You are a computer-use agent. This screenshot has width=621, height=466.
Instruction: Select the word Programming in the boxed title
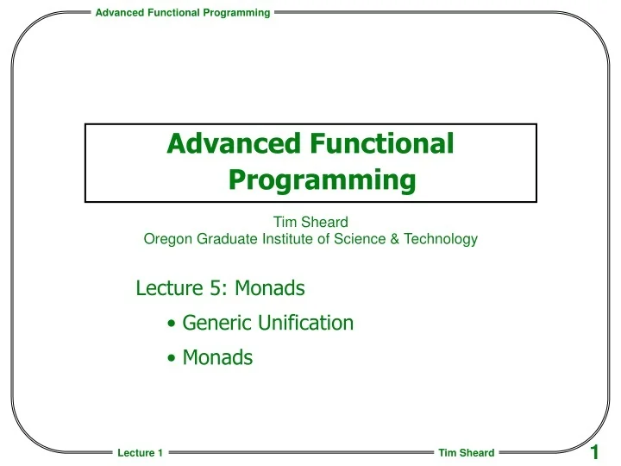323,180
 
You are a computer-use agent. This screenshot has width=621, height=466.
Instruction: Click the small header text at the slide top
182,11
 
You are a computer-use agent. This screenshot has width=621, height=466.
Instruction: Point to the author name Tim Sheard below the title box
310,223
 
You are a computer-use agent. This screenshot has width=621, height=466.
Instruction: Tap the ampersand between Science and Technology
394,240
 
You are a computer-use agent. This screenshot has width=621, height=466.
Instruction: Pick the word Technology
440,240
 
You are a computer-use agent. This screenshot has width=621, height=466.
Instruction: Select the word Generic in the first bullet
216,323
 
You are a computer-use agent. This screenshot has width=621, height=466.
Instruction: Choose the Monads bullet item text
217,357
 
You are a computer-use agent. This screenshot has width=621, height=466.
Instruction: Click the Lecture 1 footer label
140,453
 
